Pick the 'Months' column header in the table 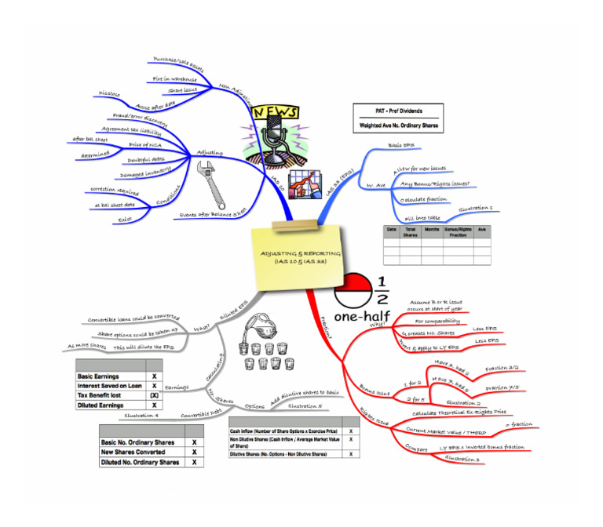(x=431, y=231)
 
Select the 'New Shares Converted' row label (x=133, y=452)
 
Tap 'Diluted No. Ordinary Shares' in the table (x=139, y=463)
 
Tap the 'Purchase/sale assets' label (x=176, y=60)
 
